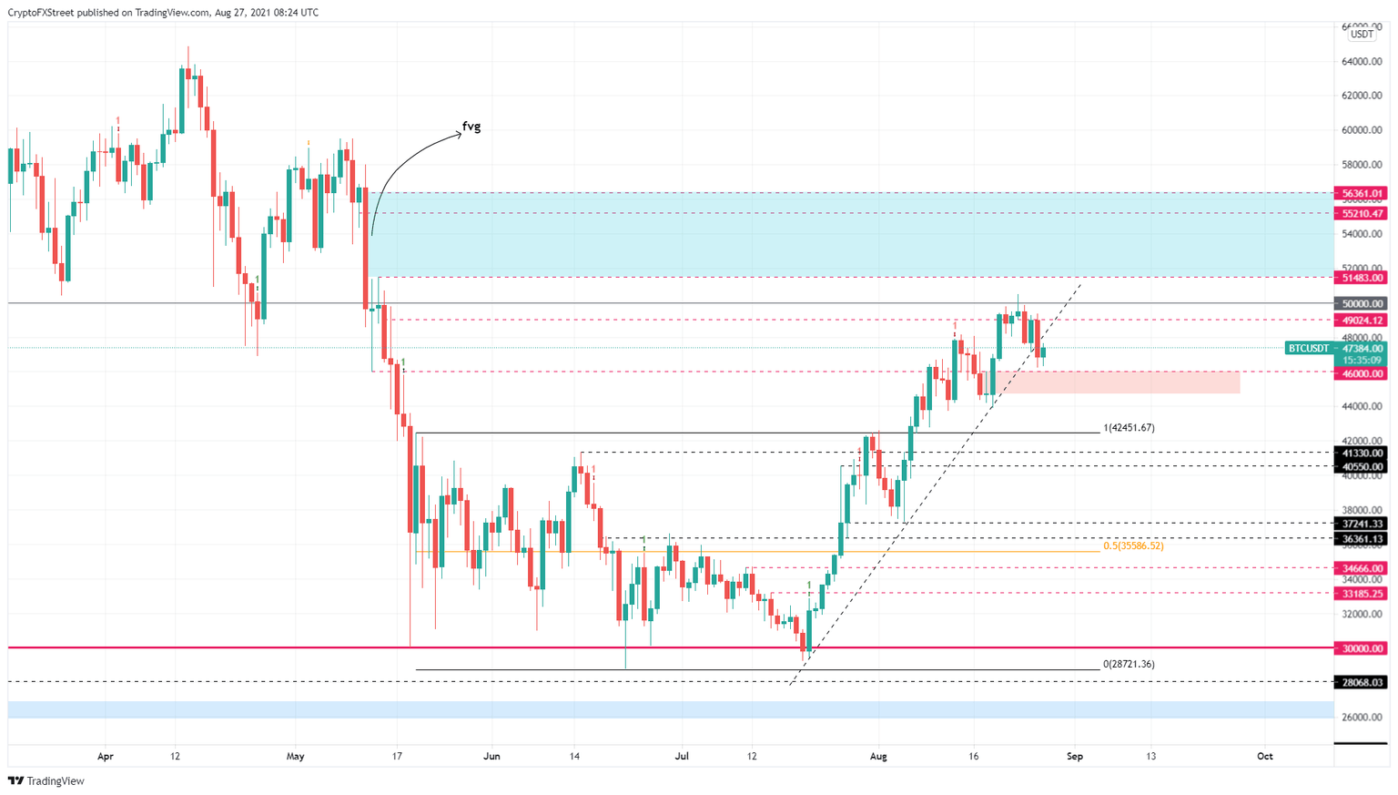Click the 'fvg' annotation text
(471, 127)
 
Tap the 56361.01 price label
(1361, 193)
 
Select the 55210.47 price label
(1361, 213)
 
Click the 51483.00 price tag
(1361, 278)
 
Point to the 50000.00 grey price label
(1361, 303)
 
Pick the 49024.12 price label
(1361, 321)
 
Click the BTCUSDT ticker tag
(1308, 348)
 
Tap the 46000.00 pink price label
(1361, 373)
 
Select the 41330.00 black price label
(1361, 453)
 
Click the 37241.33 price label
(1361, 524)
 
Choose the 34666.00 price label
(1361, 568)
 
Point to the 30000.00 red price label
(1361, 648)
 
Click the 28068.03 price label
(1361, 682)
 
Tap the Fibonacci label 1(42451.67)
(1129, 428)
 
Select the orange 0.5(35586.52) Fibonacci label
(1133, 546)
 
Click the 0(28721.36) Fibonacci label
(1129, 665)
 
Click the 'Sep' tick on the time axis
(1075, 756)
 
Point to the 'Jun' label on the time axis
(492, 756)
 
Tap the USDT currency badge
(1362, 35)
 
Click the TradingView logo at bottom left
(46, 780)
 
